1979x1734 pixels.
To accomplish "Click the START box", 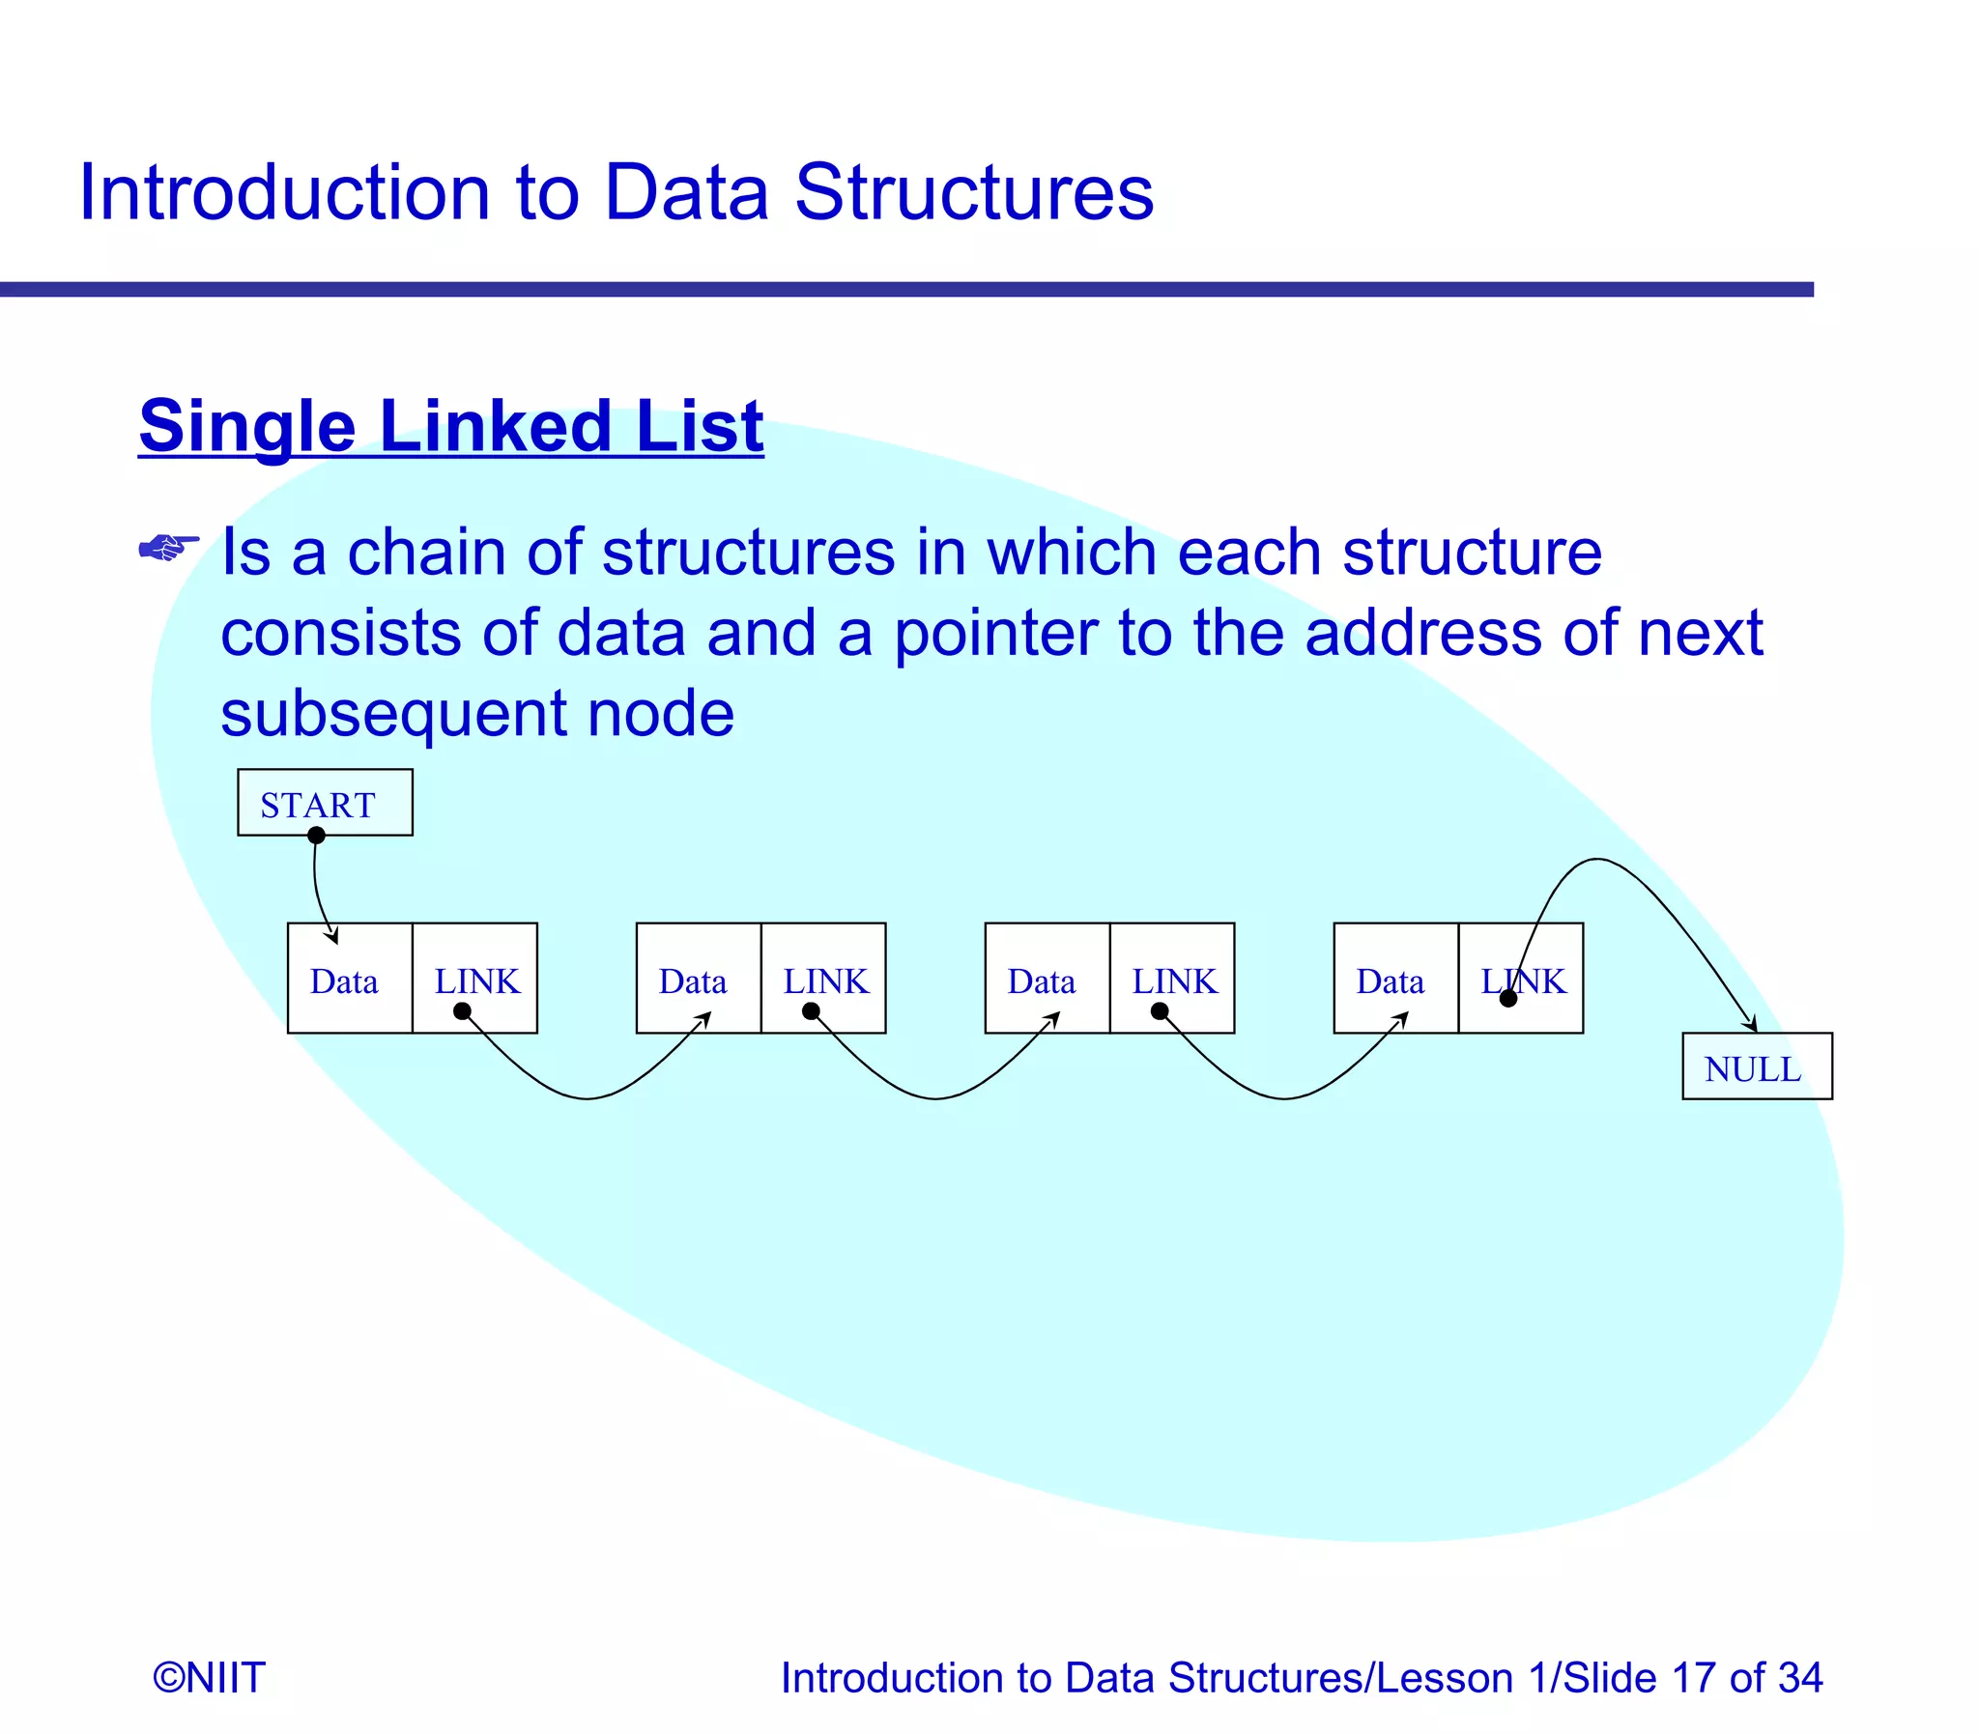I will pyautogui.click(x=324, y=802).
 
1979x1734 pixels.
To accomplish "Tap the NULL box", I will pyautogui.click(x=1756, y=1066).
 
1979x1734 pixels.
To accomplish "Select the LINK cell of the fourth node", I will pyautogui.click(x=1520, y=979).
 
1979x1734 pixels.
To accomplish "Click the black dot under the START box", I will pyautogui.click(x=316, y=835).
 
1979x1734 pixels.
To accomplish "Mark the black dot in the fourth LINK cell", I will pyautogui.click(x=1507, y=999).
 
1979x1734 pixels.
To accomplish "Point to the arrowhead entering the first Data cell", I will pyautogui.click(x=332, y=936).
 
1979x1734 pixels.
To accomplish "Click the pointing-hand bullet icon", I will pyautogui.click(x=168, y=548).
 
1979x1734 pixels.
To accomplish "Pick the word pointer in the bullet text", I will pyautogui.click(x=995, y=633).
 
